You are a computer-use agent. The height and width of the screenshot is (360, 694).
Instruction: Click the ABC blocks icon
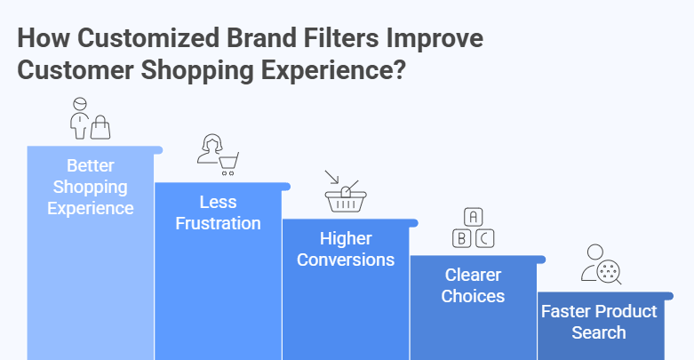coord(473,228)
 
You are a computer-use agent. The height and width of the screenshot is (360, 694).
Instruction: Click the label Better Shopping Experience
coord(92,187)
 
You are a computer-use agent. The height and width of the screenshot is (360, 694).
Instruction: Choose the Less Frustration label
coord(219,213)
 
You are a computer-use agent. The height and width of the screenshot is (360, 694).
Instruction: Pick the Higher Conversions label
coord(346,250)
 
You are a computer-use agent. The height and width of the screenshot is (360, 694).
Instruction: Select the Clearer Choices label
coord(473,285)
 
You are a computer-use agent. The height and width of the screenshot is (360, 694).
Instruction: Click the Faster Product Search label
coord(599,322)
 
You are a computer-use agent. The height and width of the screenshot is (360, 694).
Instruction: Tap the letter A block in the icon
coord(473,217)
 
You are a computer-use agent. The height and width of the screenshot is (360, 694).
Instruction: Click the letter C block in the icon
coord(484,237)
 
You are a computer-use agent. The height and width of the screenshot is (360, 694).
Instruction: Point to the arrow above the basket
coord(331,177)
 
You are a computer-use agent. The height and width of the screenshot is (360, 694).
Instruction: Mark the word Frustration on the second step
coord(219,223)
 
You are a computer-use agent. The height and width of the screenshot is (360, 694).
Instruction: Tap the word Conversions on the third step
coord(346,260)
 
